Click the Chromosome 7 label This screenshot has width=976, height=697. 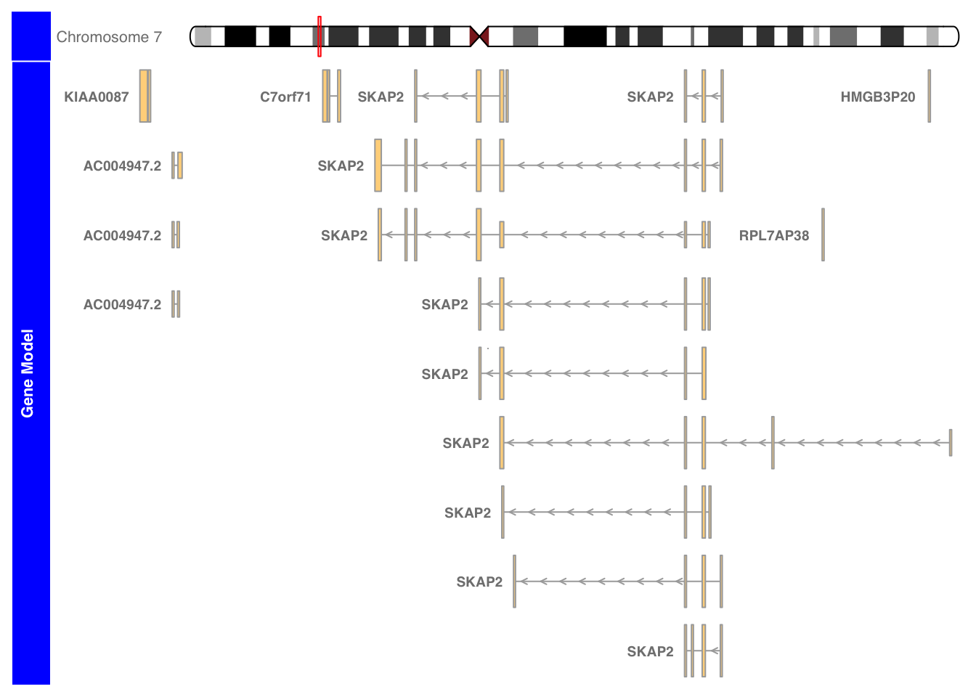tap(109, 37)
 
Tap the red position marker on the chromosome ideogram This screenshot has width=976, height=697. tap(320, 36)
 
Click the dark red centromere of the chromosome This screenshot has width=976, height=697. tap(479, 36)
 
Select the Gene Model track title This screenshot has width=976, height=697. tap(28, 373)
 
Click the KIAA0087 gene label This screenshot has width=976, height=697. tap(97, 97)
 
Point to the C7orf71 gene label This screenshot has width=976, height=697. tap(285, 97)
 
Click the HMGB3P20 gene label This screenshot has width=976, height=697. tap(878, 97)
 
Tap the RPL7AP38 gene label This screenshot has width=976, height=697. tap(774, 236)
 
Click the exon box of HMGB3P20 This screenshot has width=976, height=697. tap(930, 96)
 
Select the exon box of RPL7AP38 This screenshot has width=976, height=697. tap(823, 235)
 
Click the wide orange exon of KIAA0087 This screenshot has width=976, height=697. tap(144, 96)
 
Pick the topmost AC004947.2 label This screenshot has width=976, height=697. tap(123, 166)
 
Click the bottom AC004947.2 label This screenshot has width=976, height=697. tap(123, 304)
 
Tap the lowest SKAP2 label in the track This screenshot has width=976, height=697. tap(650, 652)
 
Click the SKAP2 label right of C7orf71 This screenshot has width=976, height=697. tap(381, 97)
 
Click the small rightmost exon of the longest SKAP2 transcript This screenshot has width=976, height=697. tap(951, 443)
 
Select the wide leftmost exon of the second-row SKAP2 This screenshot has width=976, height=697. tap(378, 166)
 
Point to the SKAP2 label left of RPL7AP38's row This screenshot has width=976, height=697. tap(344, 236)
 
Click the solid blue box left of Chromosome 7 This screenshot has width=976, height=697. tap(31, 36)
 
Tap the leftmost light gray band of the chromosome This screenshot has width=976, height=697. tap(203, 36)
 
